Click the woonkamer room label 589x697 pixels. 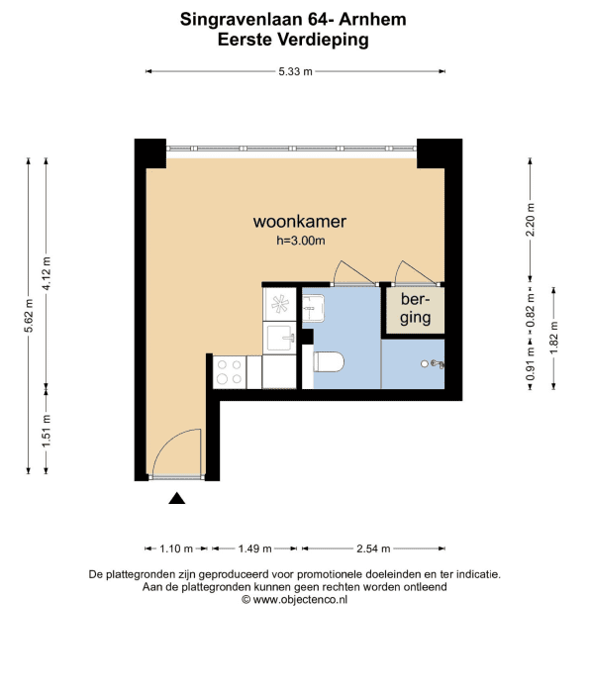tap(300, 222)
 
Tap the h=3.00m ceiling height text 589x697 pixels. tap(301, 241)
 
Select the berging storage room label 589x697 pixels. tap(415, 309)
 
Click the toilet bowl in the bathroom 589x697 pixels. tap(329, 361)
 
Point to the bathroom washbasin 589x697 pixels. tap(314, 307)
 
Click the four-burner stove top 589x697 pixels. tap(230, 372)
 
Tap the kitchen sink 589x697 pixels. tap(279, 339)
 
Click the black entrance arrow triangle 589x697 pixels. tap(176, 498)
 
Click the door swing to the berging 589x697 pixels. tap(415, 272)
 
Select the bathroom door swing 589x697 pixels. tap(353, 272)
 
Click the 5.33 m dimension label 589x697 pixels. tap(296, 71)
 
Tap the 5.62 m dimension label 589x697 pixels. tap(29, 316)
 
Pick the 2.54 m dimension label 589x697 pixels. tap(373, 548)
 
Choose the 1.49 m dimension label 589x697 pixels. tap(254, 548)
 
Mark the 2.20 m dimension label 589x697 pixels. tap(531, 220)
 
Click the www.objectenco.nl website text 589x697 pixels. tap(300, 600)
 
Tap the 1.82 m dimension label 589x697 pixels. tap(554, 339)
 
